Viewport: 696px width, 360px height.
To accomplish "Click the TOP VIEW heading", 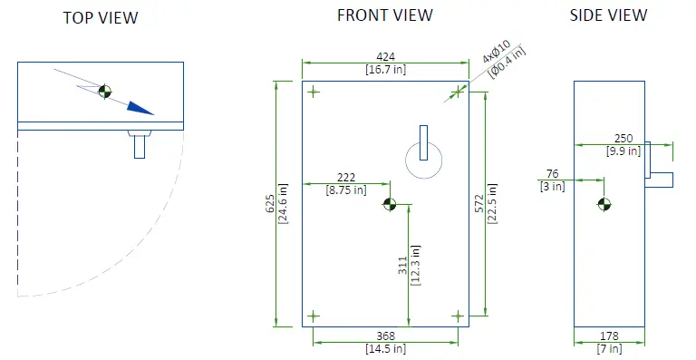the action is (x=101, y=18).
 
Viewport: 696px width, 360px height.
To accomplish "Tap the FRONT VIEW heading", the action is (x=385, y=15).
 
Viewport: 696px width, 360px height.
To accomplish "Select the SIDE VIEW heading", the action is (x=609, y=15).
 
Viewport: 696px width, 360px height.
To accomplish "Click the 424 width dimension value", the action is (x=385, y=57).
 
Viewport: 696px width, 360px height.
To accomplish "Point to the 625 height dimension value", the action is (x=270, y=204).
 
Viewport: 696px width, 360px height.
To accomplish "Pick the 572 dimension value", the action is (x=479, y=204).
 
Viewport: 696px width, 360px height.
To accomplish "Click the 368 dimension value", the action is (x=385, y=336).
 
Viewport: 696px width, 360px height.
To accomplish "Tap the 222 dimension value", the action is (x=346, y=178).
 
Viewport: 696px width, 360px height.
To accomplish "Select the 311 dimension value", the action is (x=402, y=266).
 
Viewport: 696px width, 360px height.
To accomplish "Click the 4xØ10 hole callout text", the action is (x=497, y=52).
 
